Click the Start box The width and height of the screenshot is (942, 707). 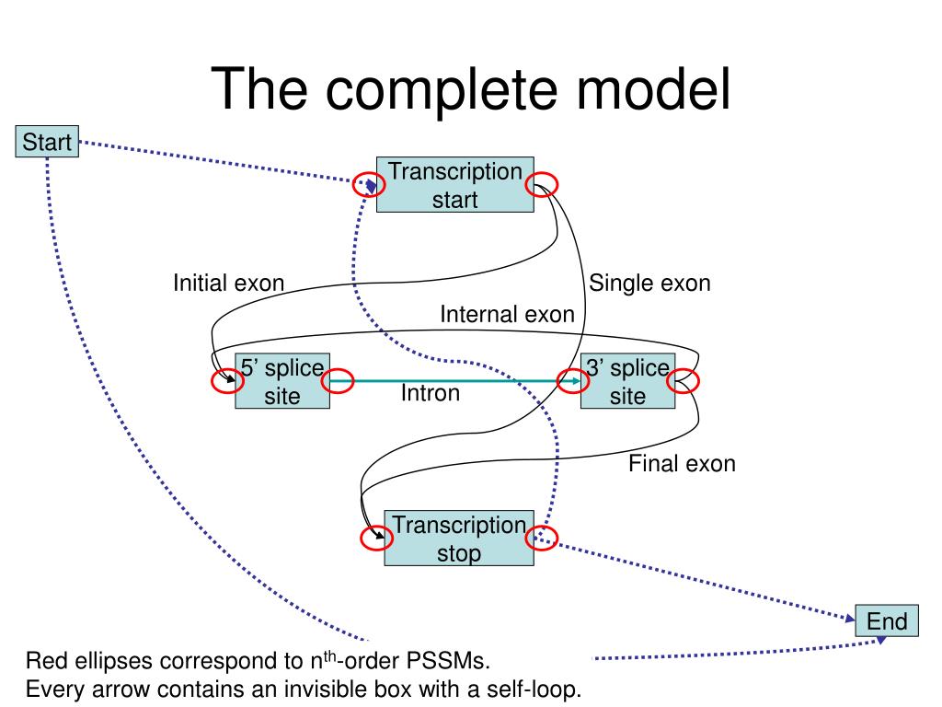(x=47, y=142)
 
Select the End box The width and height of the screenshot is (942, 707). (x=887, y=620)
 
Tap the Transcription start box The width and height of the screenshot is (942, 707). (x=454, y=184)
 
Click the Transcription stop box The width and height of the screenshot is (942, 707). (x=458, y=539)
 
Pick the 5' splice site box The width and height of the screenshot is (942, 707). (x=281, y=381)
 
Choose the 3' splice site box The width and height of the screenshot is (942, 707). (x=627, y=381)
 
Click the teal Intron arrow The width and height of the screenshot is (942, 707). (x=455, y=380)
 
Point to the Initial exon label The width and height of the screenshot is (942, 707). (x=228, y=283)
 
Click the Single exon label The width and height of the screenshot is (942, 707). (x=649, y=283)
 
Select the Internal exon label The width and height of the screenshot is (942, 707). (x=507, y=315)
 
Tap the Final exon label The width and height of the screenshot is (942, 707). (x=682, y=463)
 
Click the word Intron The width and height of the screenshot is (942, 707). (x=430, y=394)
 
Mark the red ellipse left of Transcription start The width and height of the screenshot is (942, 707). (x=369, y=186)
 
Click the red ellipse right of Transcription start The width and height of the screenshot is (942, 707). (x=540, y=186)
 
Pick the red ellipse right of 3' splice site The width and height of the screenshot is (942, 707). (x=684, y=380)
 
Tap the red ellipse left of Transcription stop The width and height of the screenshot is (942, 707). (x=376, y=539)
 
